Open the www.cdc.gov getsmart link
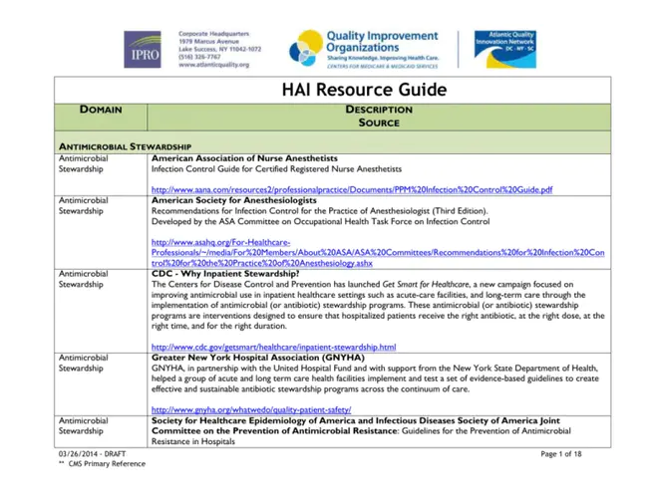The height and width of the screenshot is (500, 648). [x=273, y=347]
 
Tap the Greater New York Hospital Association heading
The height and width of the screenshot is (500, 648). [x=258, y=357]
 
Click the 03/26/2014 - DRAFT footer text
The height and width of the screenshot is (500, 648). [x=91, y=454]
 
